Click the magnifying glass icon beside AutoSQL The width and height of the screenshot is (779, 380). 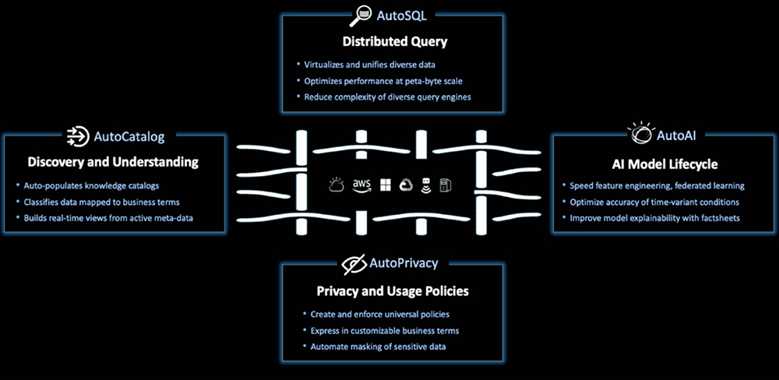click(x=361, y=13)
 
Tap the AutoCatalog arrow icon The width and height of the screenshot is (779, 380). click(x=77, y=136)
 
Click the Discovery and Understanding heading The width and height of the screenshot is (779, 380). click(x=113, y=163)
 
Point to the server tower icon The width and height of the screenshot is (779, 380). click(x=446, y=185)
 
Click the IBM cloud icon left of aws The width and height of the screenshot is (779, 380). click(x=337, y=185)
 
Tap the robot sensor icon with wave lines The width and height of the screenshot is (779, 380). click(x=426, y=185)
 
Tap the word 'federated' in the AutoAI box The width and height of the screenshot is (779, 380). click(x=692, y=186)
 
